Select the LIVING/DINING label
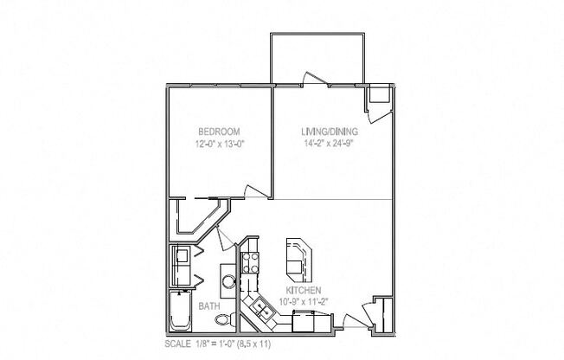329,132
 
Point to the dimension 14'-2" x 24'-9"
329,145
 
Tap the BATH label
208,305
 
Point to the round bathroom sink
228,280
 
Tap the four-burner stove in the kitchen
250,262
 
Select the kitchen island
296,254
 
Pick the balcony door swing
309,80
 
